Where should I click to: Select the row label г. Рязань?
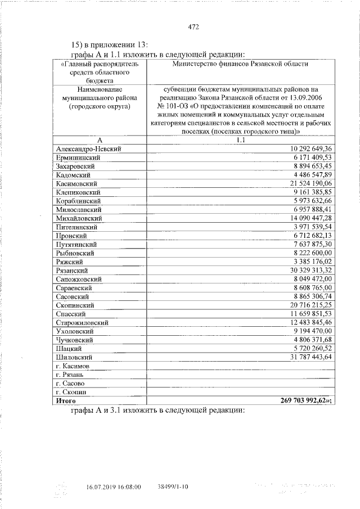coord(70,375)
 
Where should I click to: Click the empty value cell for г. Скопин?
coord(241,392)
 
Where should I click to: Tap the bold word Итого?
coord(65,400)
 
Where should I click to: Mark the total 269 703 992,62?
coord(304,400)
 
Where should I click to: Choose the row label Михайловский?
coord(79,218)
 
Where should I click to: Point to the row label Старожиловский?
coord(83,322)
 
